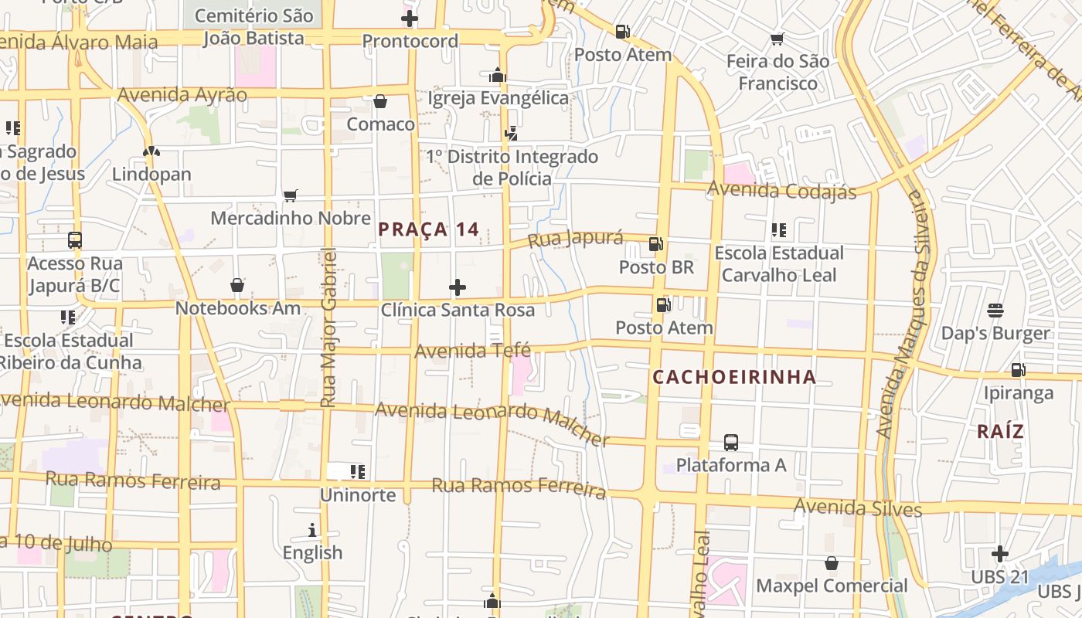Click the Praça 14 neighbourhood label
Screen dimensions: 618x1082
click(x=428, y=229)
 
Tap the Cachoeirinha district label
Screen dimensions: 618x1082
click(x=734, y=377)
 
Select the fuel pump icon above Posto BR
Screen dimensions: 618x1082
click(x=656, y=244)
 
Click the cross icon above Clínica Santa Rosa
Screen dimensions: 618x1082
click(x=458, y=288)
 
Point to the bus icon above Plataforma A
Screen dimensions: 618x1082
click(x=731, y=443)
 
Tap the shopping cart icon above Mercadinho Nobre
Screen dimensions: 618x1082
click(x=291, y=195)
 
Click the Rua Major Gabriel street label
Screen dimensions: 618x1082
click(x=328, y=328)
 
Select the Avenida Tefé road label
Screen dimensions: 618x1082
click(x=472, y=351)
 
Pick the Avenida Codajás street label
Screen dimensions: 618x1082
click(x=781, y=190)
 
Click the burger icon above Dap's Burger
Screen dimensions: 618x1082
click(x=995, y=311)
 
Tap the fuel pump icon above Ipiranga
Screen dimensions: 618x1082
click(x=1018, y=370)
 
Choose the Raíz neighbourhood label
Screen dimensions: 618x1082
click(x=1000, y=432)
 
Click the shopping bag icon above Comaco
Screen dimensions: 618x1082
click(x=380, y=101)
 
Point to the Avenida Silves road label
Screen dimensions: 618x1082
click(x=858, y=508)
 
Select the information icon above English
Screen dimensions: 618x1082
click(x=312, y=530)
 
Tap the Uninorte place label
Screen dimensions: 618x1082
click(x=358, y=495)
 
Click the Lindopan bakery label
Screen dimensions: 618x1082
click(x=151, y=174)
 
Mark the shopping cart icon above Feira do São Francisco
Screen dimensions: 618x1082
click(x=777, y=39)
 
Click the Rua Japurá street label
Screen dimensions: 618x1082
click(x=575, y=238)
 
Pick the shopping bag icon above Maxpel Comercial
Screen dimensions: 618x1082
click(x=832, y=563)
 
